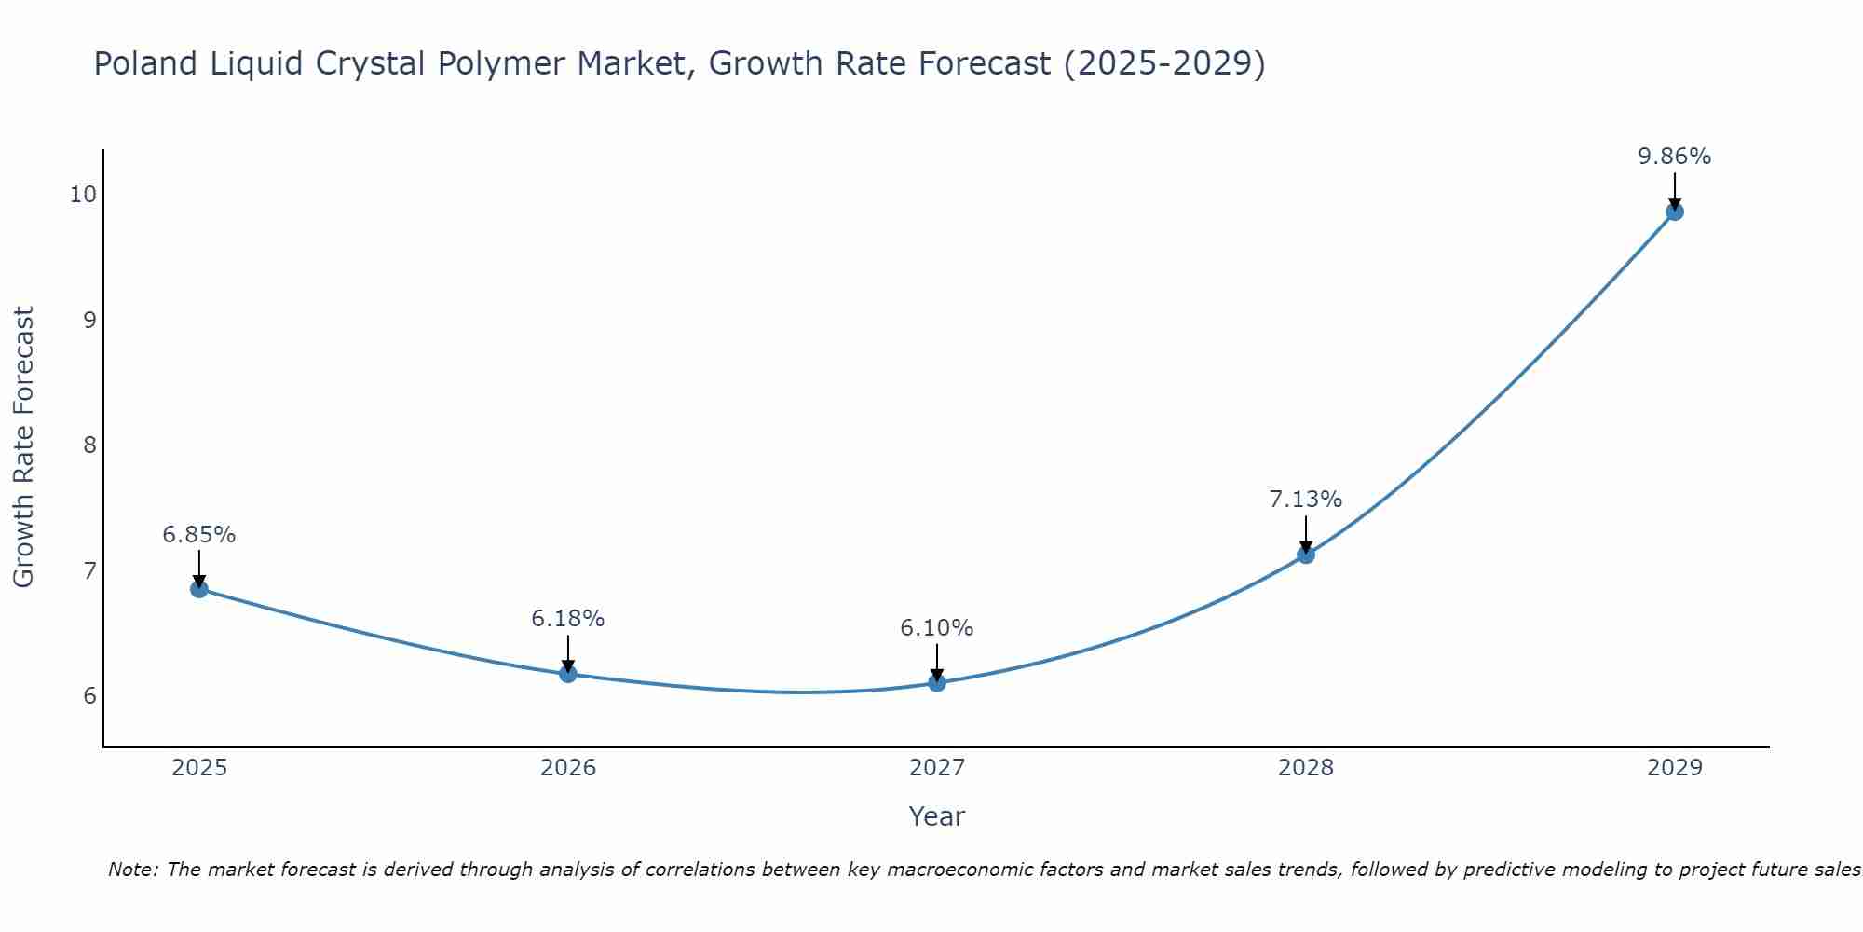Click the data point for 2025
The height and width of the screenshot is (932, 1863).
[x=198, y=588]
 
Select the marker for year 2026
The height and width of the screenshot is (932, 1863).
[x=567, y=673]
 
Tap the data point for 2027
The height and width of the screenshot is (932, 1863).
[x=936, y=682]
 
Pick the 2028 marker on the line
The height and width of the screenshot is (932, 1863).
[x=1305, y=555]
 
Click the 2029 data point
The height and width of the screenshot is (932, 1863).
[x=1674, y=212]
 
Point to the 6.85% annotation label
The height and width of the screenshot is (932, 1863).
[x=198, y=535]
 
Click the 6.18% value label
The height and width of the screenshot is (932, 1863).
[x=567, y=619]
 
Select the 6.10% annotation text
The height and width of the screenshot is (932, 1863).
[x=936, y=628]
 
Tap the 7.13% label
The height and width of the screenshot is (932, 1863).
[x=1305, y=500]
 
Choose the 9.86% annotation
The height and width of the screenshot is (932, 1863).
[x=1674, y=157]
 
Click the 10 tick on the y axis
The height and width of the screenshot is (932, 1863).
[x=83, y=194]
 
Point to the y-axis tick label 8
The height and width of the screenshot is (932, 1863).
[x=89, y=445]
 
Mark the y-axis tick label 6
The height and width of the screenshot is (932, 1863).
[x=89, y=695]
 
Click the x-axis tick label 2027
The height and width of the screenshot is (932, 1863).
[x=936, y=768]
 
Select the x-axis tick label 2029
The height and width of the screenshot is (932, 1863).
[x=1674, y=768]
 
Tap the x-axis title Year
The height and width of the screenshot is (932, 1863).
[x=936, y=816]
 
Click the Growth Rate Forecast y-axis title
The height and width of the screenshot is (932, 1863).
[x=24, y=447]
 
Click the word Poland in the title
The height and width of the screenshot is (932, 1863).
[x=146, y=64]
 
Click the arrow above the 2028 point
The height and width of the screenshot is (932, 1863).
[x=1305, y=534]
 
